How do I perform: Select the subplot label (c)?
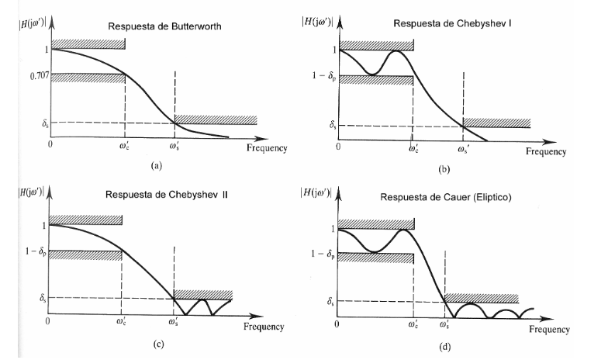(145, 339)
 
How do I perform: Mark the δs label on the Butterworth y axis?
(33, 122)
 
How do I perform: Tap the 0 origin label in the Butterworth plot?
(51, 144)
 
